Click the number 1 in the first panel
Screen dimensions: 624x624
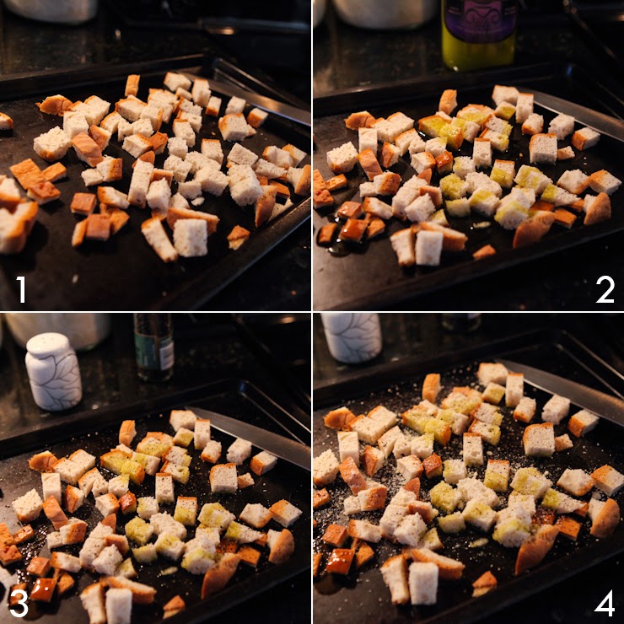point(21,289)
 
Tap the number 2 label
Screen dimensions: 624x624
point(605,289)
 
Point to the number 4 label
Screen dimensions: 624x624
point(605,603)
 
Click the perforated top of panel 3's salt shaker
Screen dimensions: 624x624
point(48,345)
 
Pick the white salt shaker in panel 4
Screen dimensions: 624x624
point(351,337)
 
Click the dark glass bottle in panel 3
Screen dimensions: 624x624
point(154,347)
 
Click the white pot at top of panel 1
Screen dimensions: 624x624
point(51,10)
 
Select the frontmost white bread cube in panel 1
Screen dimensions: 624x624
point(191,237)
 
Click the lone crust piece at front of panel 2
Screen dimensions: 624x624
point(484,252)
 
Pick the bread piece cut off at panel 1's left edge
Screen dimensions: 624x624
point(6,121)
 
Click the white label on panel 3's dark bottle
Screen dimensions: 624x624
point(167,355)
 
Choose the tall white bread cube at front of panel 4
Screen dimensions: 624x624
point(423,583)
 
